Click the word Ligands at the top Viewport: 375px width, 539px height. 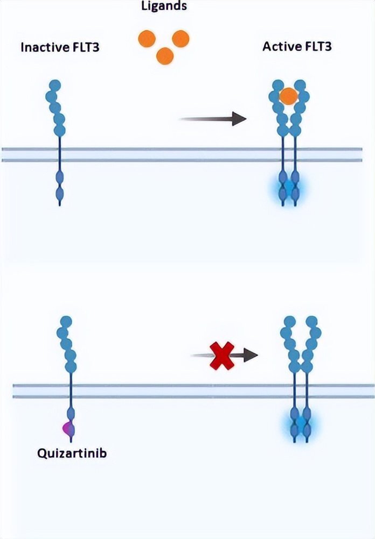pyautogui.click(x=164, y=6)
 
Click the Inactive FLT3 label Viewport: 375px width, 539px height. pyautogui.click(x=60, y=47)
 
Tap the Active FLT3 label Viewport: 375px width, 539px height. pyautogui.click(x=297, y=46)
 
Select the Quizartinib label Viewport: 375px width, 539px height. pyautogui.click(x=72, y=452)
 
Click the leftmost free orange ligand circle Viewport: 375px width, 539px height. pyautogui.click(x=147, y=39)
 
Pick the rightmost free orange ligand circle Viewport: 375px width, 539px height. pyautogui.click(x=180, y=38)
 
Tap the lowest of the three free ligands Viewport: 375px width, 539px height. pyautogui.click(x=164, y=55)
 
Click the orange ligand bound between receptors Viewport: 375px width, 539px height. pyautogui.click(x=289, y=96)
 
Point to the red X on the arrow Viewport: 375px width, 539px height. pyautogui.click(x=221, y=354)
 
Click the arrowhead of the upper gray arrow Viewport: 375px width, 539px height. pyautogui.click(x=239, y=118)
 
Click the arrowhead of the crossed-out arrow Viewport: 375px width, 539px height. pyautogui.click(x=251, y=354)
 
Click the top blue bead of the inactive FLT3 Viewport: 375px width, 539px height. pyautogui.click(x=54, y=86)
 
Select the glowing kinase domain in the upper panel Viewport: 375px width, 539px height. pyautogui.click(x=289, y=187)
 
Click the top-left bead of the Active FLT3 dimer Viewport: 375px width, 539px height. pyautogui.click(x=278, y=86)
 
